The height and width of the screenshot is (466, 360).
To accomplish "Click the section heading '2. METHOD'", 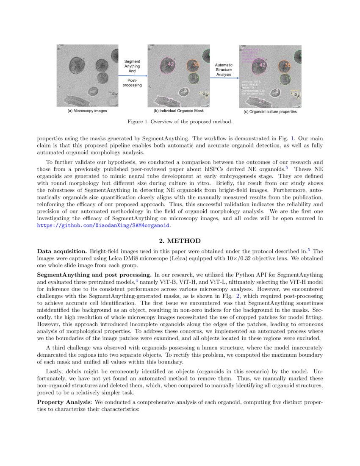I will point(180,241).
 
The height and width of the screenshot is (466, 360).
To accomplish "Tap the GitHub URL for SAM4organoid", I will point(103,226).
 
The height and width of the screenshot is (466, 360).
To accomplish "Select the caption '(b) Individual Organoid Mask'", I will point(178,111).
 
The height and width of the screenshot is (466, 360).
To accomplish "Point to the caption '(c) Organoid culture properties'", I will point(270,112).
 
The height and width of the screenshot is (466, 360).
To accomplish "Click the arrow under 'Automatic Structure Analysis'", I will point(224,78).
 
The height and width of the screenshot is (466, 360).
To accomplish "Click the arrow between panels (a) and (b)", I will point(132,76).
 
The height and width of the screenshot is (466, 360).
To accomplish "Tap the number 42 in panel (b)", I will point(171,64).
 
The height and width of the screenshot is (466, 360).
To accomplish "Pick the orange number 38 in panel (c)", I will point(287,65).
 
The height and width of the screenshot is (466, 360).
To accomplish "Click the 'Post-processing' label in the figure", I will point(132,83).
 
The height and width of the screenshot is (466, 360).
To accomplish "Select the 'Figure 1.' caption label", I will point(139,122).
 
